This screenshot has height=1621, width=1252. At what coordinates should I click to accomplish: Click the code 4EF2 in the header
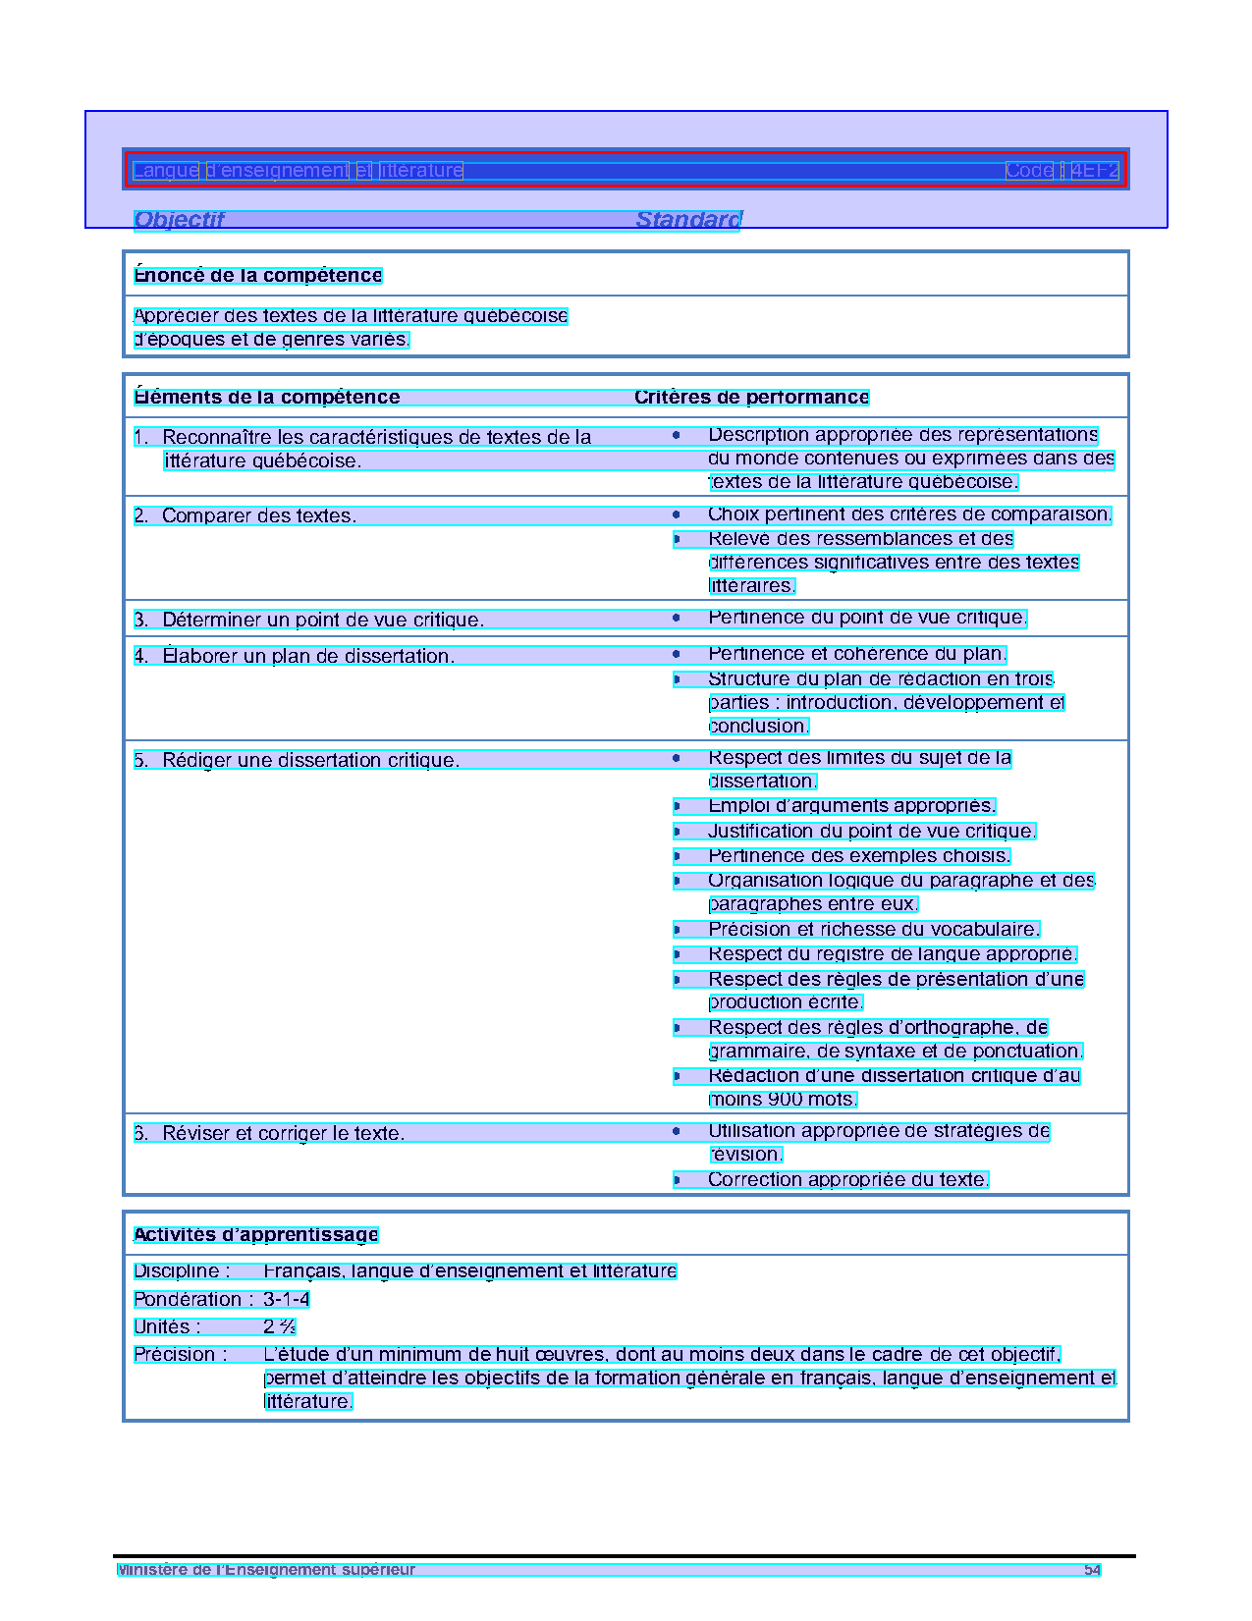pos(1094,171)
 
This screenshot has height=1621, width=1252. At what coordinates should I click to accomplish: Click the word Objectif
pos(179,220)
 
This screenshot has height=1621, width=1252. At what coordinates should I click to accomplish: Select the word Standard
pos(688,220)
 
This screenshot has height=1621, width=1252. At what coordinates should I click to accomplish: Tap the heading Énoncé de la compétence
pos(257,276)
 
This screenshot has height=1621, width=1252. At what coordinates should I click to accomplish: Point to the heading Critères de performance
pos(751,398)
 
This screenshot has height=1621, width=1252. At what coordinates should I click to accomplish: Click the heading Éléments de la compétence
pos(267,398)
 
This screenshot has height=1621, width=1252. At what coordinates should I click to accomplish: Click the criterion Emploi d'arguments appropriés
pos(851,806)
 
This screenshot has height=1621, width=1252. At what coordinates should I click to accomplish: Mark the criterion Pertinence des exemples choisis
pos(858,856)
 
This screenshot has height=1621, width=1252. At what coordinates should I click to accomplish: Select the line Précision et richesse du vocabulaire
pos(873,930)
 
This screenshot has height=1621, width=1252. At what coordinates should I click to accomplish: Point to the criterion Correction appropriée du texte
pos(847,1180)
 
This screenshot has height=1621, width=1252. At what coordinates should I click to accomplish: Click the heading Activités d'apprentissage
pos(255,1235)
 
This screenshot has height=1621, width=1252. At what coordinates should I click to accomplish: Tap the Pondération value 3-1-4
pos(286,1300)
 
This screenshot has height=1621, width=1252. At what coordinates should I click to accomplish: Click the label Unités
pos(167,1327)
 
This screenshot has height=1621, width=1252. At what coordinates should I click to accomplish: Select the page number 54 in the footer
pos(1092,1570)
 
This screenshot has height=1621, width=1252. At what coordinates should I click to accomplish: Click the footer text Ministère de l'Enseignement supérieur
pos(266,1570)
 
